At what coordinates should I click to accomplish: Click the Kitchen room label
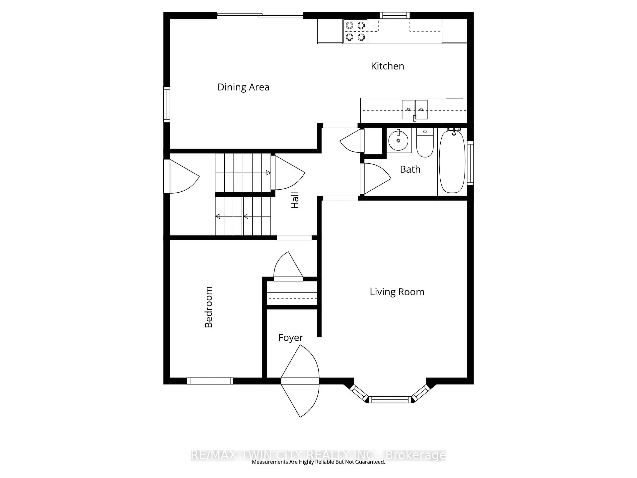387,66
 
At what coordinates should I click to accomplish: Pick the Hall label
295,200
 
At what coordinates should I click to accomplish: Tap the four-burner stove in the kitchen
355,31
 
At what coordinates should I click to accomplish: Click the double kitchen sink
415,110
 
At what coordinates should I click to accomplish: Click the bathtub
452,161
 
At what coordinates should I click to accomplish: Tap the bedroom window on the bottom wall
210,381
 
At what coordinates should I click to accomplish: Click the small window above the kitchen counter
394,15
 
